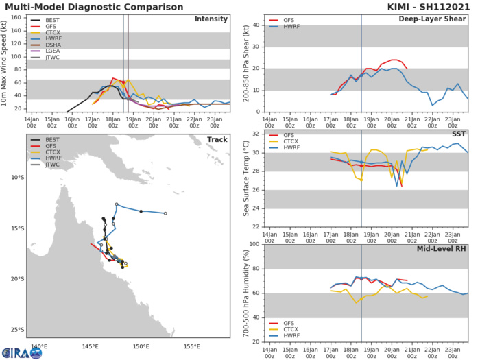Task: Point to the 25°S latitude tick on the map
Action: (15, 330)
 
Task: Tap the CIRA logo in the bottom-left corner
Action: (21, 352)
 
